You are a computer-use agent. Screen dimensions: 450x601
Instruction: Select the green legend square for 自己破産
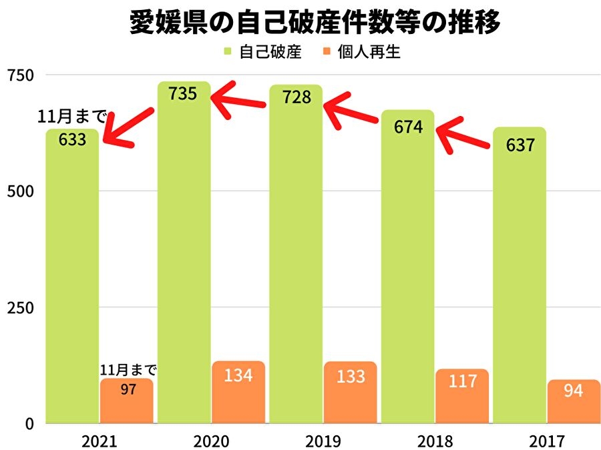pos(228,52)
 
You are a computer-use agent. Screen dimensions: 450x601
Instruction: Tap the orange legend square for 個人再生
pos(327,52)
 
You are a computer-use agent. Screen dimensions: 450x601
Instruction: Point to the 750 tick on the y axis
pos(19,75)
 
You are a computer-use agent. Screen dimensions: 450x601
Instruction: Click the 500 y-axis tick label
pos(19,192)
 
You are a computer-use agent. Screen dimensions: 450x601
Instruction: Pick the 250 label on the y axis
pos(19,308)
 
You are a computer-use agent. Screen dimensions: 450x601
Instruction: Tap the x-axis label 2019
pos(323,441)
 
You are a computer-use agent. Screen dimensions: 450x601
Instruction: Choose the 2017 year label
pos(547,441)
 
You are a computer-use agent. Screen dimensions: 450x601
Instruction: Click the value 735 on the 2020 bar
pos(183,94)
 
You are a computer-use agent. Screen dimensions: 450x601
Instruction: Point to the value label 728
pos(296,97)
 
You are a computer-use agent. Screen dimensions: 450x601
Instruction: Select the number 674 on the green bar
pos(408,127)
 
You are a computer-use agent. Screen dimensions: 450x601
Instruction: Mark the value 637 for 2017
pos(520,144)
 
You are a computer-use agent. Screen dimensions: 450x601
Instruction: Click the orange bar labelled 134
pos(238,393)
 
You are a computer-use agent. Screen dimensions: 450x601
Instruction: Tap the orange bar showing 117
pos(463,397)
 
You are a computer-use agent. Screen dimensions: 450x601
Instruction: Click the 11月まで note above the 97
pos(128,370)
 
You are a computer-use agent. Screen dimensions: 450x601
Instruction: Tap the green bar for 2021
pos(72,280)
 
